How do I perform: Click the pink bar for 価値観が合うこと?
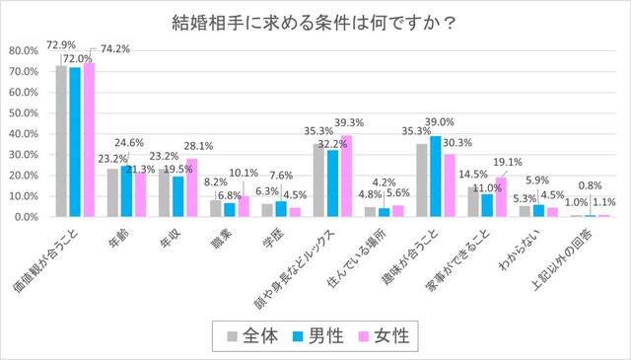[x=89, y=139]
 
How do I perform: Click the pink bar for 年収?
[x=191, y=187]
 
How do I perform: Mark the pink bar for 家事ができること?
[x=500, y=196]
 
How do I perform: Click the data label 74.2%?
[x=110, y=47]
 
